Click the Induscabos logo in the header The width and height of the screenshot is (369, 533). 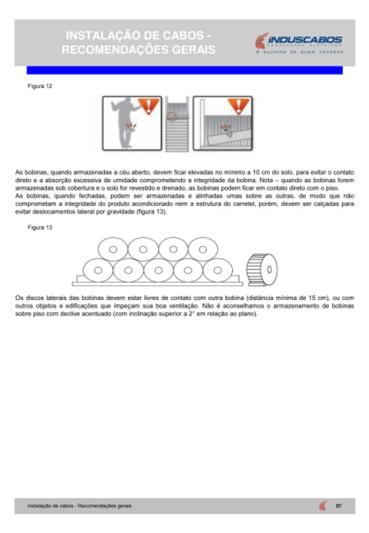pos(298,43)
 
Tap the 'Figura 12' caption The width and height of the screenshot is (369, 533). pos(40,86)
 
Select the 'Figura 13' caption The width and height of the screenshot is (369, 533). pos(40,228)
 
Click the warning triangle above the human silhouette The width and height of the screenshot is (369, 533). pos(148,106)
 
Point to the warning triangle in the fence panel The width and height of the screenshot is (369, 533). pos(239,106)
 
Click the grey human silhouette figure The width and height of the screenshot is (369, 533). pos(126,122)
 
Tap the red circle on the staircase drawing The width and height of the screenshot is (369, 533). pos(171,116)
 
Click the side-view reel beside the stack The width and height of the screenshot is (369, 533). pos(262,270)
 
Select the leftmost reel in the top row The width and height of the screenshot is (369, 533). pos(113,249)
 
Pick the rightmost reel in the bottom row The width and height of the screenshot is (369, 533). pos(218,270)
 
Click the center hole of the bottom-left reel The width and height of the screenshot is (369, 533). pos(98,270)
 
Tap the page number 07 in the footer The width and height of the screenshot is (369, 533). pos(339,506)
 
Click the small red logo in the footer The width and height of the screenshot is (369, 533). pos(324,505)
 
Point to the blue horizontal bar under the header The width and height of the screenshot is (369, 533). pos(184,70)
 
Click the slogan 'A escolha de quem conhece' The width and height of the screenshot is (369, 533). pos(299,52)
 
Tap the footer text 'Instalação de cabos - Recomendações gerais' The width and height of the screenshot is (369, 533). pos(79,506)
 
